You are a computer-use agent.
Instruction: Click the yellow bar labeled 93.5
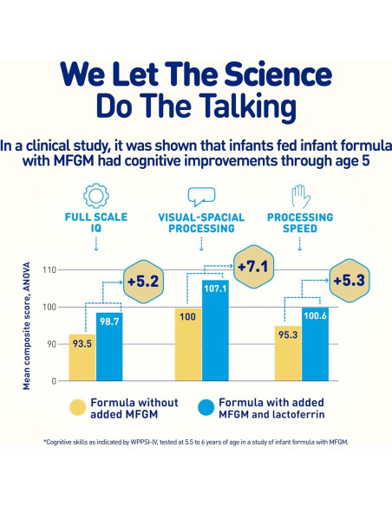pyautogui.click(x=82, y=357)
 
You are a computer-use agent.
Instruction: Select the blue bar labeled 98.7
pyautogui.click(x=109, y=347)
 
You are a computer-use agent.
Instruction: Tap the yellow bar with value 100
pyautogui.click(x=188, y=344)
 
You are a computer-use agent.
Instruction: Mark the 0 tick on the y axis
pyautogui.click(x=53, y=380)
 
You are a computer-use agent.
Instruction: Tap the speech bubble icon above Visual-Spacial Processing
pyautogui.click(x=201, y=195)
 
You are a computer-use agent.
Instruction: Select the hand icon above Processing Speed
pyautogui.click(x=301, y=195)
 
